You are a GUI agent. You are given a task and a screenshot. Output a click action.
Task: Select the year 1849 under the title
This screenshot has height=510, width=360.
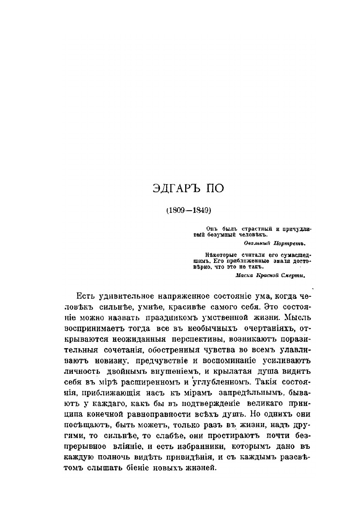(x=198, y=211)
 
